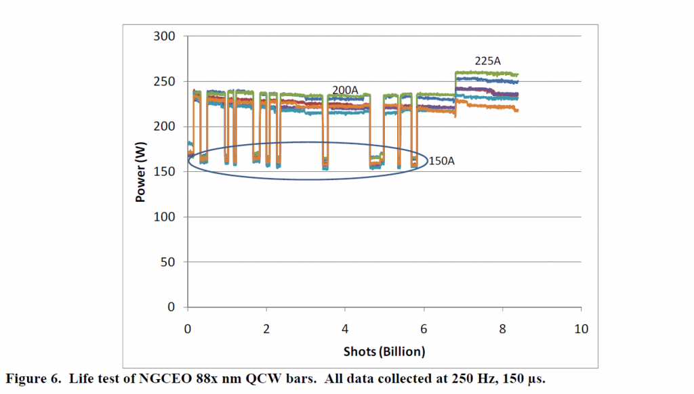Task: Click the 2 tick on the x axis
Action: tap(267, 330)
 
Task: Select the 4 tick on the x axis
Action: tap(346, 330)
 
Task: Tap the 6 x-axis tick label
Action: tap(424, 330)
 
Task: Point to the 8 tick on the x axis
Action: tap(503, 330)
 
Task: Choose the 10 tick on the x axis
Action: tap(581, 330)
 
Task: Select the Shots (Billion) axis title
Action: tap(384, 351)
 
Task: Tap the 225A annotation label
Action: tap(488, 61)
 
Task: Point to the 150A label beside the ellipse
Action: tap(441, 162)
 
